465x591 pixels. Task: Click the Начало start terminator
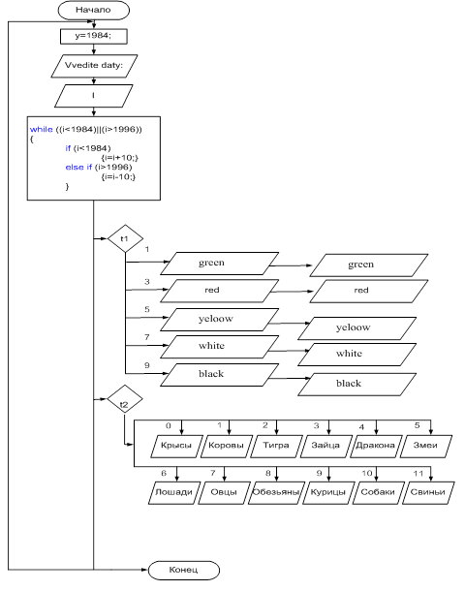point(93,11)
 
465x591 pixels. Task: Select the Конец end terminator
point(183,570)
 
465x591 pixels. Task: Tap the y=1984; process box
point(93,37)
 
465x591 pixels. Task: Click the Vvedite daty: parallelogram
point(94,66)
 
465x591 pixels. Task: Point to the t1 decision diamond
point(125,238)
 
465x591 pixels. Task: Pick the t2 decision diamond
point(125,399)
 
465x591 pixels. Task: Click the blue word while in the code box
point(41,129)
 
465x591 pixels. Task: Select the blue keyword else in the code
point(75,167)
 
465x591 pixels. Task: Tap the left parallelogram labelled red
point(219,291)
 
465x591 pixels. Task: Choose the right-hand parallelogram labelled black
point(356,385)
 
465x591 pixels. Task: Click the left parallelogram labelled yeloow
point(219,320)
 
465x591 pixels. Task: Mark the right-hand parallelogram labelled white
point(356,355)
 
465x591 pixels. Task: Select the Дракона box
point(376,447)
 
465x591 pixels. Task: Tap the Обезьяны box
point(276,492)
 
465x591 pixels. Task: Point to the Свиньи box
point(428,492)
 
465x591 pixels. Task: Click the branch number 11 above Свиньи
point(418,474)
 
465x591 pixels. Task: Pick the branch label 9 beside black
point(147,365)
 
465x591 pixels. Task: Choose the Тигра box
point(276,447)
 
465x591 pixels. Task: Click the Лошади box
point(174,492)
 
